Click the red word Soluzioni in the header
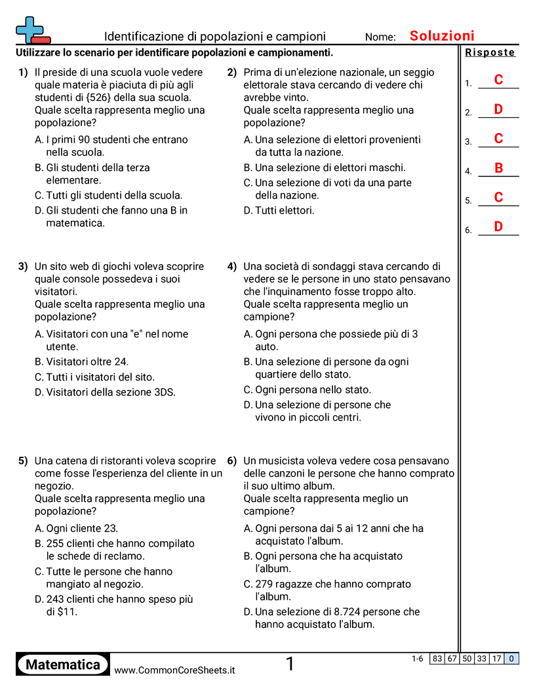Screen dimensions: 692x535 click(442, 36)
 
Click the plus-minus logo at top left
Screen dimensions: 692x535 click(31, 30)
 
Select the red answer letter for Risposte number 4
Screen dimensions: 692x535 click(498, 168)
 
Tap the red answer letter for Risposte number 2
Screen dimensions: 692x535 click(498, 109)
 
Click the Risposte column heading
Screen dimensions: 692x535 click(490, 53)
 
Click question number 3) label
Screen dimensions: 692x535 click(23, 267)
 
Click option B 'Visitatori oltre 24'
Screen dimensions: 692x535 click(81, 362)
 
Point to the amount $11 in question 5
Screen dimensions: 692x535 click(66, 612)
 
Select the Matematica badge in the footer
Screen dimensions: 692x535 click(63, 665)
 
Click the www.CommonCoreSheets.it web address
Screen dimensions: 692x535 click(174, 670)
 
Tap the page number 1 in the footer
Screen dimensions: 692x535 click(290, 664)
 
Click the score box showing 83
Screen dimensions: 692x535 click(437, 659)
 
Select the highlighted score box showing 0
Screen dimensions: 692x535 click(511, 659)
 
